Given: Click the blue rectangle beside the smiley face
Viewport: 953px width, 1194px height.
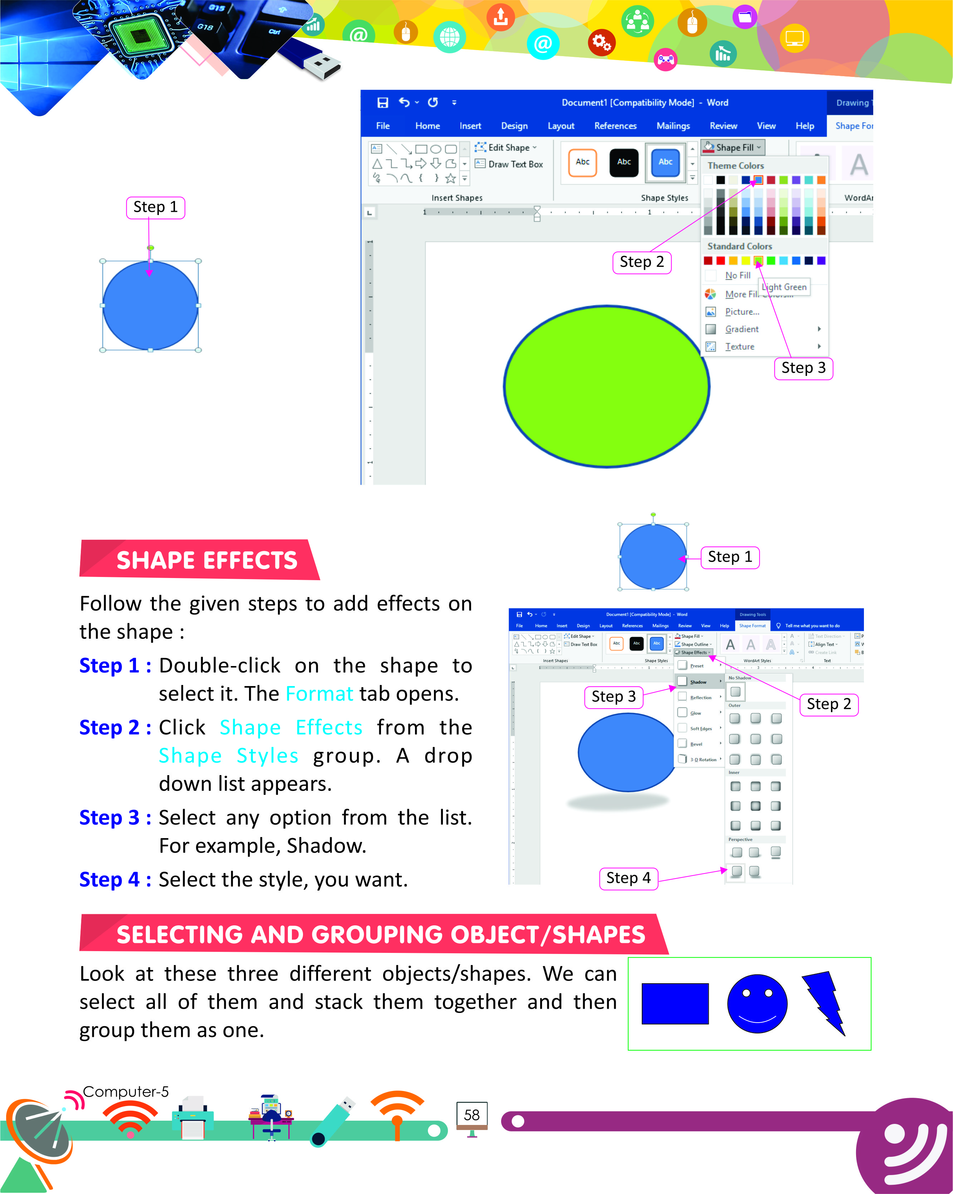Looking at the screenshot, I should click(x=674, y=1003).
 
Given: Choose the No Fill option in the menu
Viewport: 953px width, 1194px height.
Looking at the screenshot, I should click(x=738, y=275).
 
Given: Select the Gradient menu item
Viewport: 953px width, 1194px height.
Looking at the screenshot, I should click(x=742, y=329).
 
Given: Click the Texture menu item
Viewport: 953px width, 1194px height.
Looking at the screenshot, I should click(x=739, y=347).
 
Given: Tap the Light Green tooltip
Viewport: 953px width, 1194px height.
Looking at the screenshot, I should click(x=785, y=287).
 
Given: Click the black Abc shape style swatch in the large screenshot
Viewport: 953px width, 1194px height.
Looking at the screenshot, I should click(x=624, y=162).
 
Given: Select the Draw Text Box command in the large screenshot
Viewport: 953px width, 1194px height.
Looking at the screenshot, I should click(x=515, y=165).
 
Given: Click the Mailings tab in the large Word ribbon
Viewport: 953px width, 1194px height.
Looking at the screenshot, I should click(x=673, y=126).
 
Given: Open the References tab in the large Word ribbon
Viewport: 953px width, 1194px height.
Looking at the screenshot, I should click(x=615, y=126).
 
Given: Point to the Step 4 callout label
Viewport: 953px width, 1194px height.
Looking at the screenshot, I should click(x=629, y=878).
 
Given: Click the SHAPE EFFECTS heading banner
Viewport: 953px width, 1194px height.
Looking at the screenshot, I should click(x=206, y=560).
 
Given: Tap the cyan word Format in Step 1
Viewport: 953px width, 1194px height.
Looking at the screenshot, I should click(x=319, y=693).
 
